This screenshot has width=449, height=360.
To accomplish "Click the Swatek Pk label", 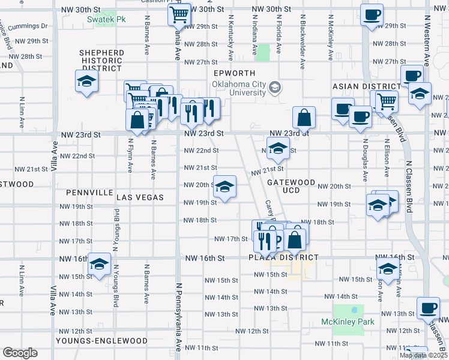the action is pyautogui.click(x=106, y=20).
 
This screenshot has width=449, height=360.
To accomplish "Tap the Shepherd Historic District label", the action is pyautogui.click(x=101, y=61).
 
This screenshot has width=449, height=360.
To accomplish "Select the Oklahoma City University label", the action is pyautogui.click(x=239, y=88).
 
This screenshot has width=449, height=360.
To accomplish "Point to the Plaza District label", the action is pyautogui.click(x=283, y=257).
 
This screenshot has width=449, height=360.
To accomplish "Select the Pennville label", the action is pyautogui.click(x=90, y=193).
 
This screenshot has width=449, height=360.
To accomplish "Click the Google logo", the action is pyautogui.click(x=20, y=353).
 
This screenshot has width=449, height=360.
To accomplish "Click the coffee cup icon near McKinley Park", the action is pyautogui.click(x=428, y=308).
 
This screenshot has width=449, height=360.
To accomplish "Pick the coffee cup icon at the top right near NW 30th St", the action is pyautogui.click(x=372, y=14).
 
